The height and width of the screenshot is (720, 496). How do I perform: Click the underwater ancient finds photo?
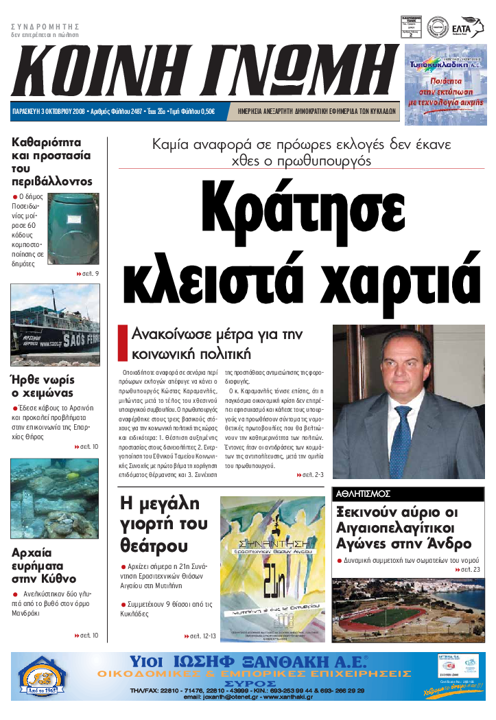[55, 498]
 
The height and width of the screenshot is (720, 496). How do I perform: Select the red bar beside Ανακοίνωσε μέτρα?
[123, 343]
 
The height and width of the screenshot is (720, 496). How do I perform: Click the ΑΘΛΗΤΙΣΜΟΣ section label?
[364, 493]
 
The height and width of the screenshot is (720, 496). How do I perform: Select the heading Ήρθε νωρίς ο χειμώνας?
[45, 386]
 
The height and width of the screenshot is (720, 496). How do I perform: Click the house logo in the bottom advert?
[43, 677]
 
